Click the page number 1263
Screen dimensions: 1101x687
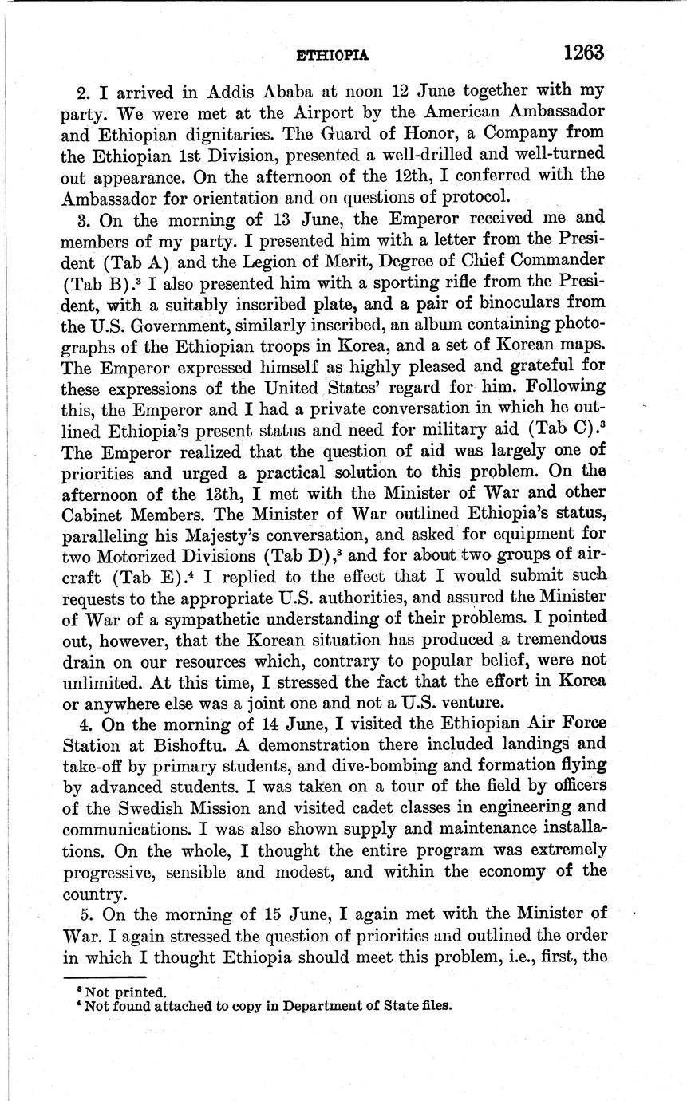coord(583,53)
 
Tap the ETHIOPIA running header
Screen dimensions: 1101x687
coord(332,56)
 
